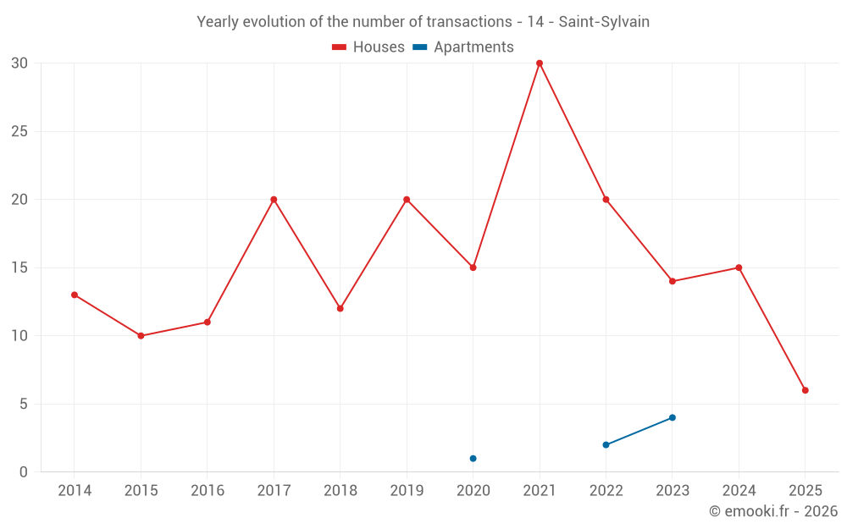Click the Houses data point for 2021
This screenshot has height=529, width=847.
click(x=540, y=63)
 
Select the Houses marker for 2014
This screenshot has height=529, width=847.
click(x=75, y=295)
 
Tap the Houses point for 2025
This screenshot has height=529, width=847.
click(x=805, y=390)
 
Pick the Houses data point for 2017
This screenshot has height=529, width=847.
click(x=274, y=200)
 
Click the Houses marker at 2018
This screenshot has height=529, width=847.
click(x=340, y=308)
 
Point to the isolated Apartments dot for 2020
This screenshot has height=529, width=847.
click(x=473, y=459)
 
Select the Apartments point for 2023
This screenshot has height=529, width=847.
click(x=673, y=417)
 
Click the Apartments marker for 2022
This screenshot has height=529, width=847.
click(x=606, y=444)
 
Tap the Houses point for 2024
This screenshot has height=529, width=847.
click(x=739, y=267)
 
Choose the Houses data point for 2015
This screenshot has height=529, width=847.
click(x=141, y=336)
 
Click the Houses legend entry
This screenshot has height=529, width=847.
click(x=368, y=47)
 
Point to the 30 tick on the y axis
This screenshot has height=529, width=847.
click(x=19, y=63)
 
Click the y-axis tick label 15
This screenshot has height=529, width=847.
click(x=19, y=267)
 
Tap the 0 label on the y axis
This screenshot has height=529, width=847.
click(x=24, y=472)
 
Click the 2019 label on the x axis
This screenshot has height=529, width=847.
click(x=407, y=491)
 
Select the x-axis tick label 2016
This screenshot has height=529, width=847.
click(x=208, y=491)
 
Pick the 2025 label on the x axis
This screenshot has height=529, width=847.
click(x=805, y=491)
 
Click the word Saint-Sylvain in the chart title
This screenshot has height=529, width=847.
click(x=604, y=22)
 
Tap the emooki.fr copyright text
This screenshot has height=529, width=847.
click(x=773, y=511)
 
